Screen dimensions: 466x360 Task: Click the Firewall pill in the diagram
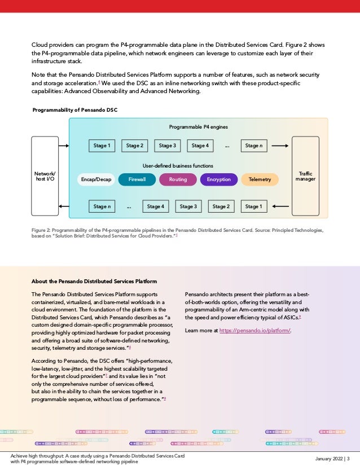click(x=137, y=179)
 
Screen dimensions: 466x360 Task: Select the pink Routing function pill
click(x=178, y=179)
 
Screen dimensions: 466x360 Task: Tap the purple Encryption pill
click(x=218, y=179)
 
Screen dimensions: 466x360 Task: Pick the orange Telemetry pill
click(x=260, y=179)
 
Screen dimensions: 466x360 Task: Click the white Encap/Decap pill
click(x=96, y=179)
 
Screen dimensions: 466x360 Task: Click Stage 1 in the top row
click(x=102, y=146)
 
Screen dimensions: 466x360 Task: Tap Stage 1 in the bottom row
click(x=253, y=206)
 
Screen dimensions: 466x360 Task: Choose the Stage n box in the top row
click(x=253, y=146)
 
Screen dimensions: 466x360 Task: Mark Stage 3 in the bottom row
click(x=188, y=206)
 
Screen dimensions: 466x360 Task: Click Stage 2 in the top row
click(x=134, y=146)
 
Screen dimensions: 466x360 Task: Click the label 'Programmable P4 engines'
click(x=198, y=127)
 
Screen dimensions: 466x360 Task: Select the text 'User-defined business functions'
click(x=178, y=166)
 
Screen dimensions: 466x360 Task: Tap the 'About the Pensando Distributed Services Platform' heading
click(x=94, y=281)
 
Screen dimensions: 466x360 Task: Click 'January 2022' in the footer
click(x=328, y=458)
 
